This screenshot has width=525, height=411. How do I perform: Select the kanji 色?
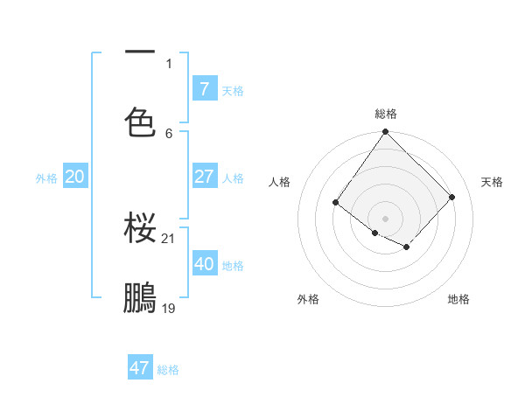pos(141,122)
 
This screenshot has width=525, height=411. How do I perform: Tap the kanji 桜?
pos(141,228)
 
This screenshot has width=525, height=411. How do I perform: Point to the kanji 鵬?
pos(141,297)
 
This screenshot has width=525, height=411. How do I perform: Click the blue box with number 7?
pos(205,88)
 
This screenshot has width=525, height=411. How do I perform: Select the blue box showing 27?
pos(205,177)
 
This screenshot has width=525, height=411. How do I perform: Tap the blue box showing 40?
pos(205,264)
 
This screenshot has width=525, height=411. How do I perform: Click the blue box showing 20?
pos(75,177)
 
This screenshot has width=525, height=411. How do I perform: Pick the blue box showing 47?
pos(140,368)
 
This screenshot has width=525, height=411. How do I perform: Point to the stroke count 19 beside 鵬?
pos(169,308)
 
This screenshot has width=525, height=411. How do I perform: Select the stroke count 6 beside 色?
pos(169,133)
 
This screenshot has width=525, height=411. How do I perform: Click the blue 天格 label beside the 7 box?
pos(233,91)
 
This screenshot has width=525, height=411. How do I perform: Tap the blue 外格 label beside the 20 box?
pos(46,178)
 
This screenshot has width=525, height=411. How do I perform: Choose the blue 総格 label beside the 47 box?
pos(168,370)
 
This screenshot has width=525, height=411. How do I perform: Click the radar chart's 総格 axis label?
pos(386,114)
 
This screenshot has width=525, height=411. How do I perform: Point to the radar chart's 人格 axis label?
pos(279,182)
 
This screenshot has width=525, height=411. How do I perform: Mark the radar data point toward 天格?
pos(452,197)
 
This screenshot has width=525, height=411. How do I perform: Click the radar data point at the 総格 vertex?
pos(385,132)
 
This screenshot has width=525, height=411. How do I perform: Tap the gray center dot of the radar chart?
pos(385,219)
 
